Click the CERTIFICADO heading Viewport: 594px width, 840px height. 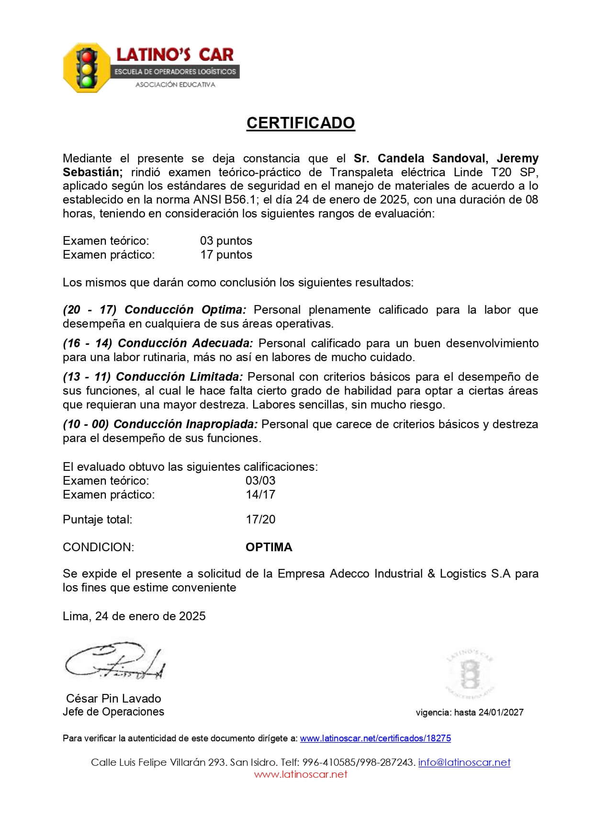300,123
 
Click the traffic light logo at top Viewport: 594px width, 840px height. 87,68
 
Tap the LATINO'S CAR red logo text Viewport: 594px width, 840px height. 175,55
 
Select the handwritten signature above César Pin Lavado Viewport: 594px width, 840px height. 115,661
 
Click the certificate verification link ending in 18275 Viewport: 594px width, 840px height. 375,738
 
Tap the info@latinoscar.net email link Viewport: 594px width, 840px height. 464,762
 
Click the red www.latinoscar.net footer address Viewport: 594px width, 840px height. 300,774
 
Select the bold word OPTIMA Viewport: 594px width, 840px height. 269,547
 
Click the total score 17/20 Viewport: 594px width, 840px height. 260,519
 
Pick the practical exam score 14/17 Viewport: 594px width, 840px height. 260,494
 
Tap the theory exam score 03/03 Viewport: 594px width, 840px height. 260,480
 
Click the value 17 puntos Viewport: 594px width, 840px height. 226,254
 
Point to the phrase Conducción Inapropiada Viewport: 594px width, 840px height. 186,424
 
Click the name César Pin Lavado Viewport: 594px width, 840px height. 113,698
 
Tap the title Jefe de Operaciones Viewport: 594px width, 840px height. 113,712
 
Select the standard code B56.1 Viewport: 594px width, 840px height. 244,199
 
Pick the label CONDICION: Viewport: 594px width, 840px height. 98,547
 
